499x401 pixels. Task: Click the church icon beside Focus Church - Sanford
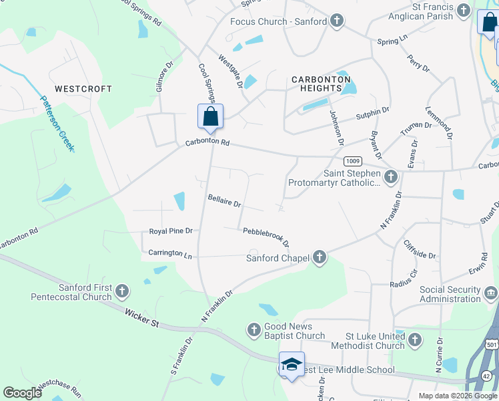coord(338,21)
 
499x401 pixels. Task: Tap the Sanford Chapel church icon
coord(320,257)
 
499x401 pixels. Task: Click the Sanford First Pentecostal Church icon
coord(121,291)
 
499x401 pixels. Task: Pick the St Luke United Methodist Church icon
coord(414,340)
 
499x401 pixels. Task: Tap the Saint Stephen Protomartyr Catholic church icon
coord(391,177)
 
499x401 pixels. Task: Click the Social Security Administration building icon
coord(490,292)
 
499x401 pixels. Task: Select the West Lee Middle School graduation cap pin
coord(292,365)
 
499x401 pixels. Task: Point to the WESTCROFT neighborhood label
coord(83,89)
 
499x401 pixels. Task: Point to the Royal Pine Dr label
coord(170,231)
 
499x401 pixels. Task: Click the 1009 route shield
coord(353,162)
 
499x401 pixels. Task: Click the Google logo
coord(23,392)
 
